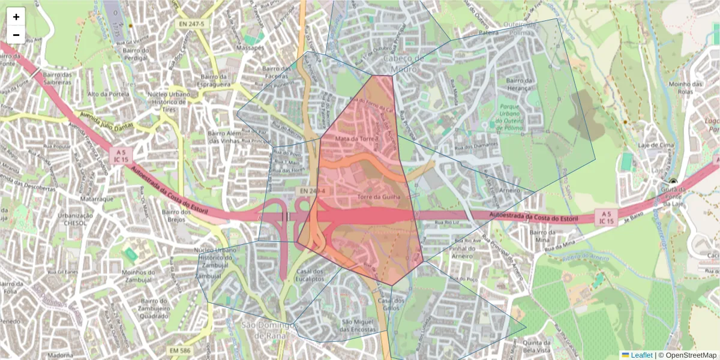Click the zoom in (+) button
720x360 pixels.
pyautogui.click(x=16, y=17)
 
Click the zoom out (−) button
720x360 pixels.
pyautogui.click(x=16, y=35)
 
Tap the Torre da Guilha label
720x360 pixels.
pyautogui.click(x=377, y=196)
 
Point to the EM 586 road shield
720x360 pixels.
pyautogui.click(x=180, y=350)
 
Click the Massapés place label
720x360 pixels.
pyautogui.click(x=250, y=47)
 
